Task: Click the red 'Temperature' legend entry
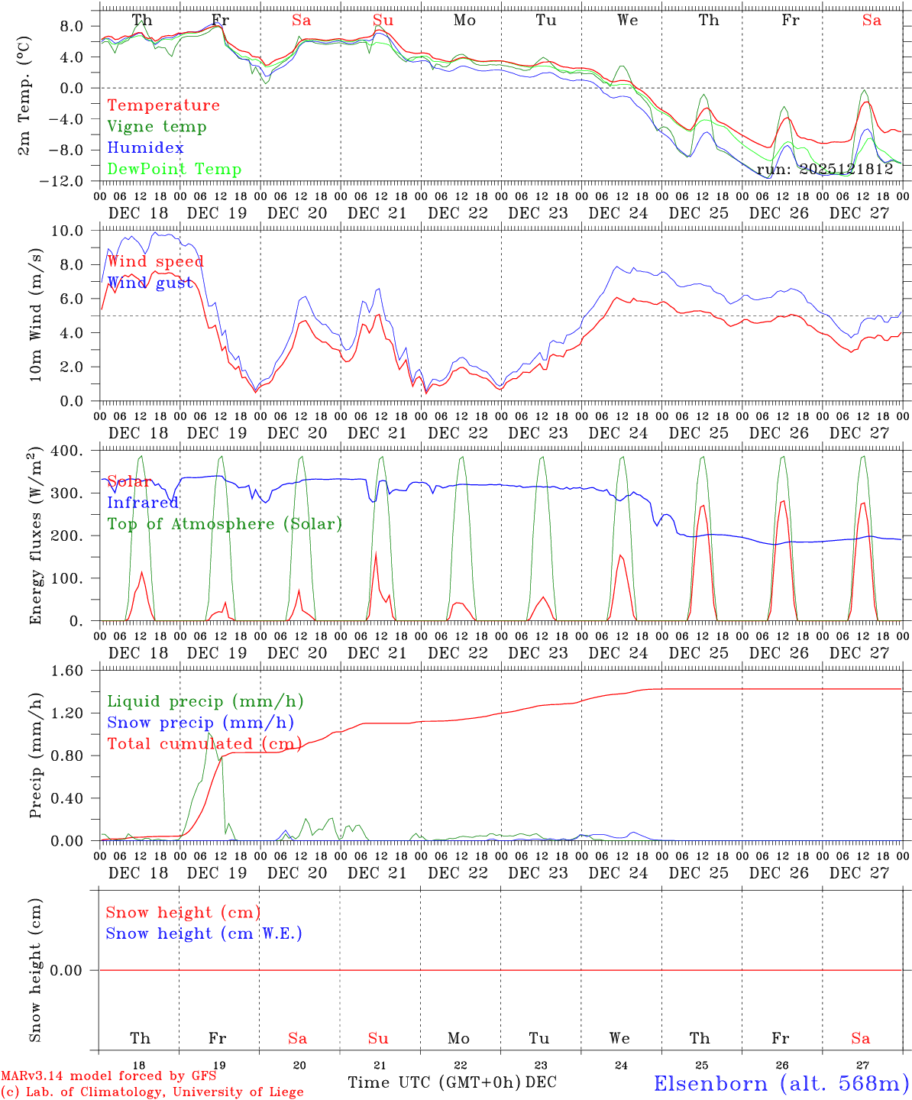click(163, 105)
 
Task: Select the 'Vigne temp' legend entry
click(157, 127)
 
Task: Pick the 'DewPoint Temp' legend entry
click(174, 170)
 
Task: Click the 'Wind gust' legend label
click(150, 283)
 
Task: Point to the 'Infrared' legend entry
click(143, 503)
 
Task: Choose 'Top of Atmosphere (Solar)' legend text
click(225, 524)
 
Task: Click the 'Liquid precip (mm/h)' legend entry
click(205, 701)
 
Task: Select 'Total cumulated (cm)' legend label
click(204, 744)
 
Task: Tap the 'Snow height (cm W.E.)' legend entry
click(204, 933)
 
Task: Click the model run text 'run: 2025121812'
click(825, 170)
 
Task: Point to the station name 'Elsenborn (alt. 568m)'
click(781, 1083)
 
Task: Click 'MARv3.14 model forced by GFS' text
click(108, 1076)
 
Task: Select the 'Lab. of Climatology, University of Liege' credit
click(152, 1092)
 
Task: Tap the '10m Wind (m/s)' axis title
click(35, 315)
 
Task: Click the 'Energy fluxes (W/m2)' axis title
click(35, 537)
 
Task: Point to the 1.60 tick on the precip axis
click(67, 671)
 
